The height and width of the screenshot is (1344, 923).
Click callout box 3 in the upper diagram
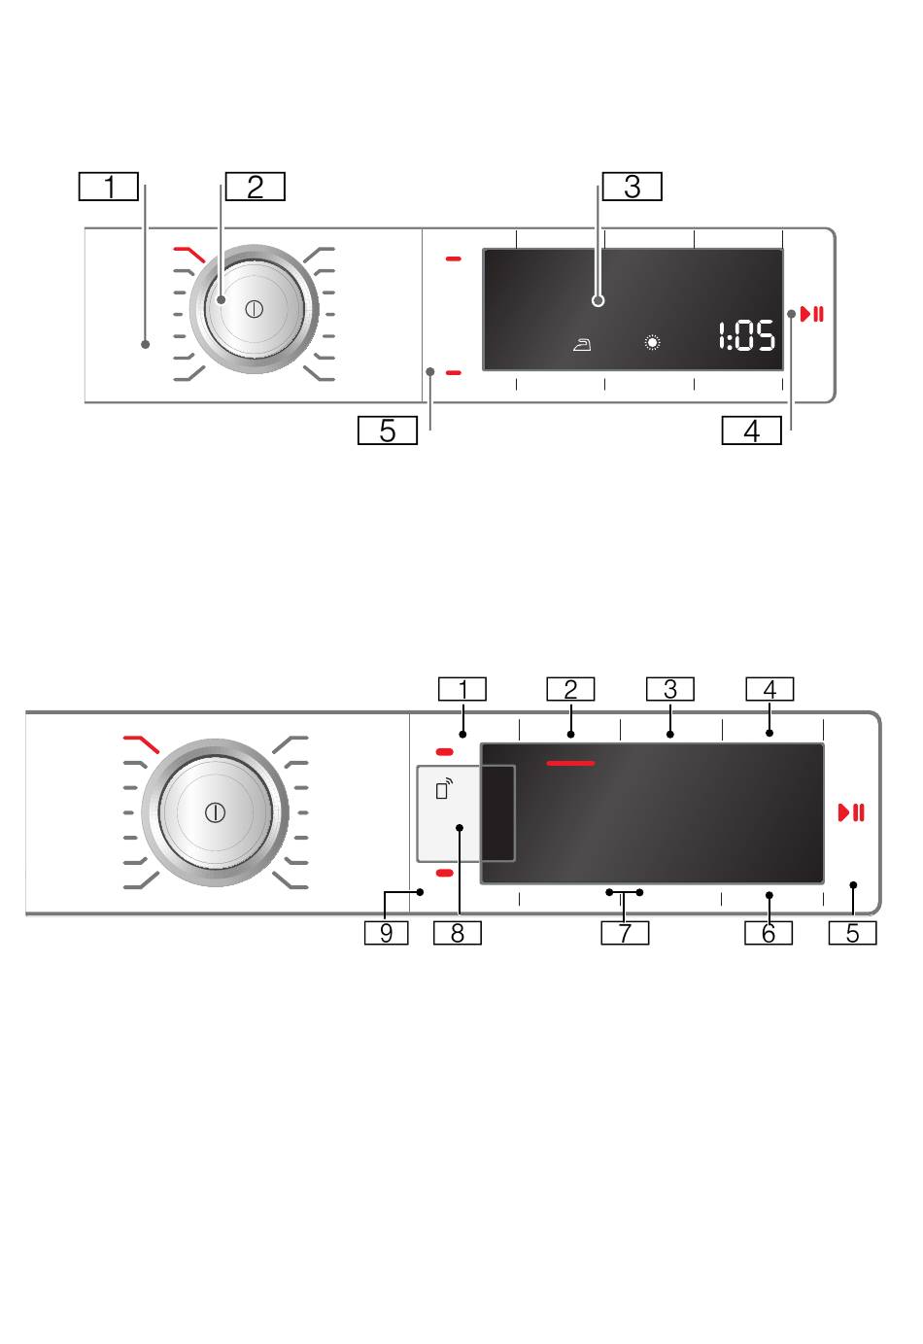[632, 187]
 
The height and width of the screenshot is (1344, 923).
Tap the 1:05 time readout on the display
[747, 335]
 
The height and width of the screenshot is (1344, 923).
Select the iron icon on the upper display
[582, 345]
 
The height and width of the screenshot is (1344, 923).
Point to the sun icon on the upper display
[652, 343]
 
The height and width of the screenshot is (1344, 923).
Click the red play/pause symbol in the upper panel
[812, 314]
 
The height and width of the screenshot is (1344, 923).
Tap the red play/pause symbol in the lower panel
[852, 813]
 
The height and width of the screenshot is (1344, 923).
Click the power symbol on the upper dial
[255, 310]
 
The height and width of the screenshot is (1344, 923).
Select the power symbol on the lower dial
[215, 813]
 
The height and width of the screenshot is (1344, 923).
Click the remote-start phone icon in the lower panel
[444, 789]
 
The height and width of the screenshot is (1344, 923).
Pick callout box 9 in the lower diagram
[387, 933]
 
